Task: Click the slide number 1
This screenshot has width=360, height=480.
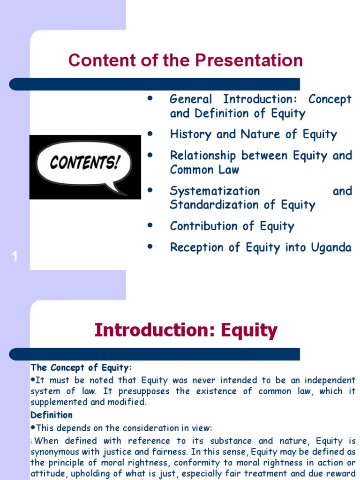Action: point(15,256)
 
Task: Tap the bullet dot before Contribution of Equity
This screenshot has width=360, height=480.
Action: point(150,226)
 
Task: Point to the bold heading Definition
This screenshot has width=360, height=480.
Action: point(52,415)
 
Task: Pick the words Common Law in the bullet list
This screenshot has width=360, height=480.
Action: point(204,170)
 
